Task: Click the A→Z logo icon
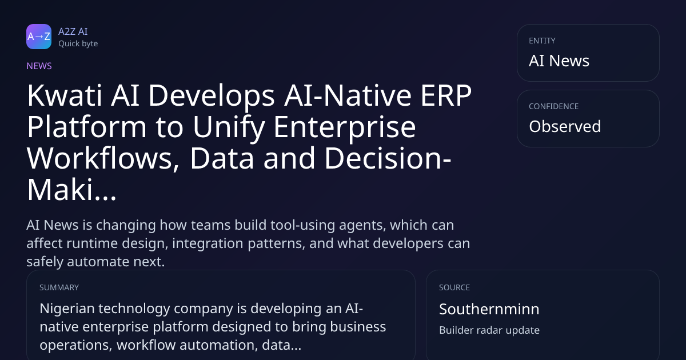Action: pos(39,37)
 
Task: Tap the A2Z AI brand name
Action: pos(73,31)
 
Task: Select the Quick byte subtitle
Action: pos(78,44)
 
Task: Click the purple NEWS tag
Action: pos(39,66)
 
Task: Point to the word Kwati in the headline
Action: pos(64,95)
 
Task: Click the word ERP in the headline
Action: pos(446,95)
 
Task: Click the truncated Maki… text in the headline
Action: pos(71,190)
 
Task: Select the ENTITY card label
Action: pos(542,41)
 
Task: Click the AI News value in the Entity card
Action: pos(559,61)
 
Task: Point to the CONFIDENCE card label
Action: pos(554,106)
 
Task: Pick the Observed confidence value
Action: pos(565,126)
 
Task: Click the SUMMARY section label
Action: pos(59,287)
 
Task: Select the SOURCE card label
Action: pos(454,287)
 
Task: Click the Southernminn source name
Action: pos(489,309)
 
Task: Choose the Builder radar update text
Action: pos(489,330)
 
